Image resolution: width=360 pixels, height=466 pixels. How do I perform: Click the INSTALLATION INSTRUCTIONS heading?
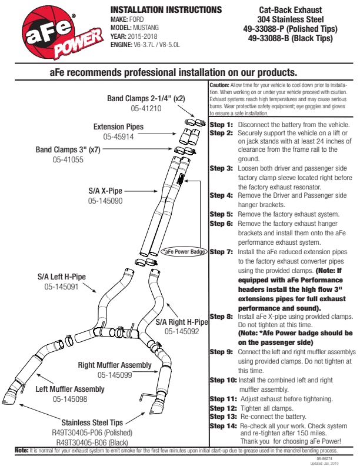point(166,11)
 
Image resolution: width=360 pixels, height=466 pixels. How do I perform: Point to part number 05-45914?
point(119,137)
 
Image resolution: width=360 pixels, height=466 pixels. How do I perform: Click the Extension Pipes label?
point(118,127)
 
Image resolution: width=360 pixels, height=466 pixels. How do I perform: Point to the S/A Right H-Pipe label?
point(182,322)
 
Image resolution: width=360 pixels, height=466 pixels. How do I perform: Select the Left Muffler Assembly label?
point(70,389)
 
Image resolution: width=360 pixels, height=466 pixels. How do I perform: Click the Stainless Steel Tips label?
point(92,422)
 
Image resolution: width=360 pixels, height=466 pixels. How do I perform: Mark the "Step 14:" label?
point(223,425)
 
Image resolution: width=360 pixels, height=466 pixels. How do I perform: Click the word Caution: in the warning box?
point(219,85)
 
